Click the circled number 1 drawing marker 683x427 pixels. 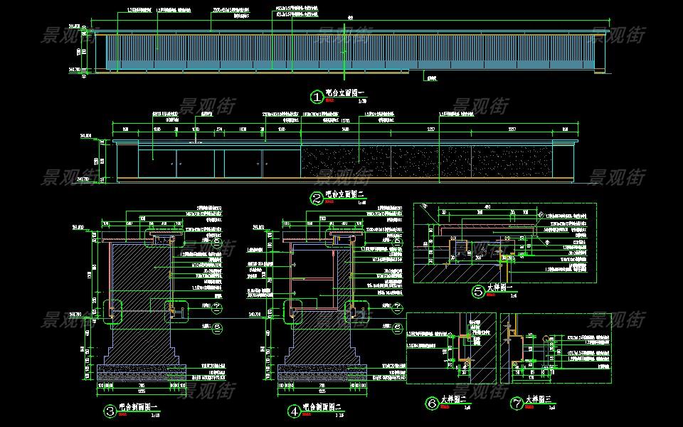(317, 96)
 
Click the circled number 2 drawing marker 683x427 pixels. (317, 199)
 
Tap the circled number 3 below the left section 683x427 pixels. (110, 411)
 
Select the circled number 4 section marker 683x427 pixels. (293, 411)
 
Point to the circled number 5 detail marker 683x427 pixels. (478, 290)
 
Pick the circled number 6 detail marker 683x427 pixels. (431, 404)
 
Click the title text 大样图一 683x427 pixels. (500, 288)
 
